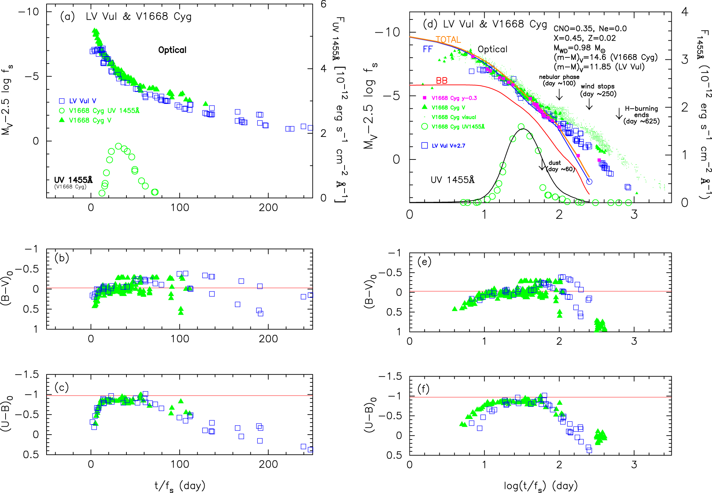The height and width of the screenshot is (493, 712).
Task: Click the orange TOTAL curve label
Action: [x=448, y=40]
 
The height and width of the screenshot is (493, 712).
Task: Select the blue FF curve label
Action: [x=428, y=49]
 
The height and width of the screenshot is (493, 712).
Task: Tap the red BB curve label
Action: [x=441, y=81]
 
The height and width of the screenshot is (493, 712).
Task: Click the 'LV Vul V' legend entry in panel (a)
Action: [x=82, y=101]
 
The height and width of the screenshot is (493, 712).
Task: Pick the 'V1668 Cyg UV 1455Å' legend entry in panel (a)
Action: [x=104, y=111]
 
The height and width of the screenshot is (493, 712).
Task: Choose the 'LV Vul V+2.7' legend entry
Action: [x=448, y=146]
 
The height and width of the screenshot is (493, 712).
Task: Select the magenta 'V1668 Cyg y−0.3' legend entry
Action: [x=454, y=98]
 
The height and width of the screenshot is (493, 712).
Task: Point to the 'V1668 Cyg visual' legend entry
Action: [x=454, y=117]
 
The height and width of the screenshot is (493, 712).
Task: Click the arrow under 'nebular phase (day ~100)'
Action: [x=559, y=94]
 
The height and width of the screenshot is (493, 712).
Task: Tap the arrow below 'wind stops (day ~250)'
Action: [x=589, y=104]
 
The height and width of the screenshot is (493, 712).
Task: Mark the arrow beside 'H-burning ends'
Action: [x=619, y=114]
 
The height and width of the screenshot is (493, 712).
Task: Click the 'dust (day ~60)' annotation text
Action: [x=560, y=166]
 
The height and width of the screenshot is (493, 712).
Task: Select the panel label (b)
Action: [x=62, y=258]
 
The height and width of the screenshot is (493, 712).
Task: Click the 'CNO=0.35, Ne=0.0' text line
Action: [x=590, y=29]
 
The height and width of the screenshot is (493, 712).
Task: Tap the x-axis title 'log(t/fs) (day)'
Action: [x=540, y=486]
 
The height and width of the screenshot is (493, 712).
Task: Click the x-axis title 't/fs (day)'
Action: [x=180, y=486]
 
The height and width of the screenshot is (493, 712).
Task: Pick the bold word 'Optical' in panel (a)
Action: [x=172, y=50]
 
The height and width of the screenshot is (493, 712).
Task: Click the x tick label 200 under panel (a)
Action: [x=268, y=208]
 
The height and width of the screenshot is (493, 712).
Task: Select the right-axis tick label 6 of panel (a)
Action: [x=323, y=5]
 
